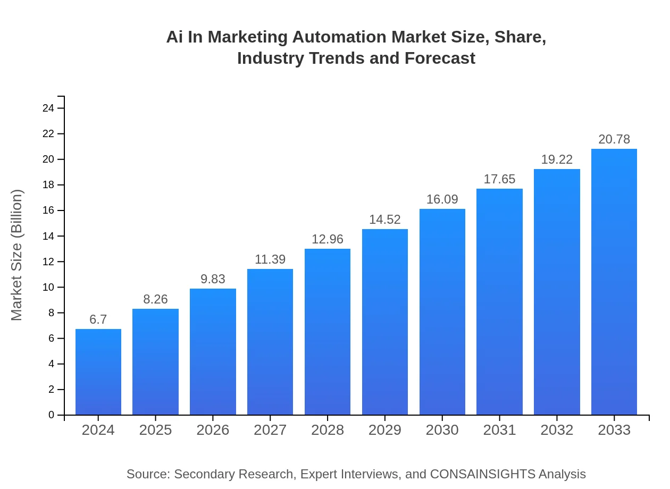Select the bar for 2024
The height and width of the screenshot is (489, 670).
(x=98, y=372)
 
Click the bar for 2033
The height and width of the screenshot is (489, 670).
(x=614, y=282)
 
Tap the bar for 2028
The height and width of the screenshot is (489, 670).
(x=328, y=332)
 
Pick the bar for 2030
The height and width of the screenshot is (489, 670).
(x=442, y=312)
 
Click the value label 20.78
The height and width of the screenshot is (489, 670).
(x=614, y=139)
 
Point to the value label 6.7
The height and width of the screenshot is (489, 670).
(x=98, y=319)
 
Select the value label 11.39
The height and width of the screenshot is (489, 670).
(x=270, y=259)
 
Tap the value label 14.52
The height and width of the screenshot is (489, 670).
(x=385, y=220)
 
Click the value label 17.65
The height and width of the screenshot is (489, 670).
(x=499, y=179)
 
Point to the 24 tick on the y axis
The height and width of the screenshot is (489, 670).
(x=48, y=108)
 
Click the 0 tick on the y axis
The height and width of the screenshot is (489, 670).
(x=52, y=415)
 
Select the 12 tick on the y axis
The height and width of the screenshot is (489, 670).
(x=48, y=262)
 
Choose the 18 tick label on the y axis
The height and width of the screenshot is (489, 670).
(x=48, y=185)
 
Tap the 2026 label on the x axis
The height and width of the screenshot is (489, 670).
(x=213, y=430)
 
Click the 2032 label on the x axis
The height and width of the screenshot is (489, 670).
(x=557, y=430)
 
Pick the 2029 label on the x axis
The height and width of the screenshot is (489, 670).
(x=385, y=430)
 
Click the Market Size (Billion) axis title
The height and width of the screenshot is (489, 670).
(x=17, y=255)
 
